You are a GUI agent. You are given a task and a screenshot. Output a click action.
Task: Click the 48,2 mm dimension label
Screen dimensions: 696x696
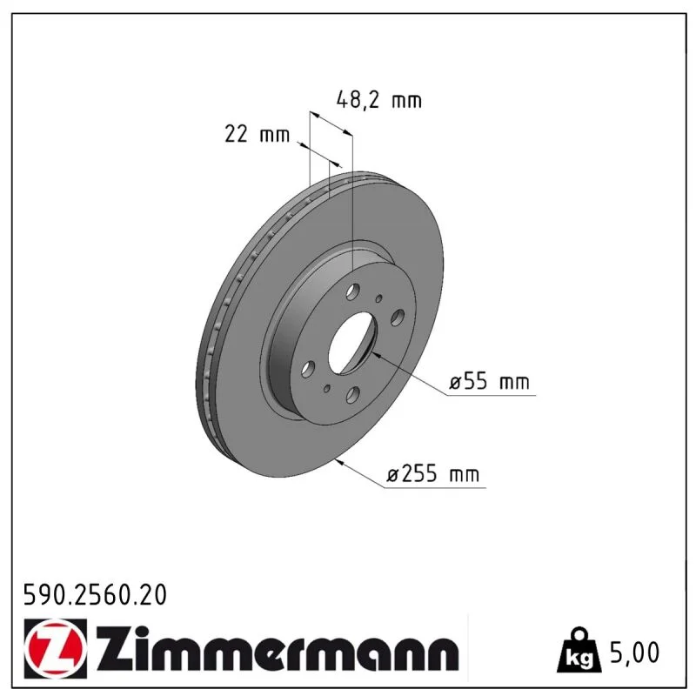point(379,100)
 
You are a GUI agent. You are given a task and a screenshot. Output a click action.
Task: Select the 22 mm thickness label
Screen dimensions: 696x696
point(257,134)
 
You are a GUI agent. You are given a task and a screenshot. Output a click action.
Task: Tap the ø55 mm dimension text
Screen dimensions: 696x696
point(489,381)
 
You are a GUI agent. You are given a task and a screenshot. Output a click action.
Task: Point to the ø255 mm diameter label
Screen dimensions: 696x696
point(432,474)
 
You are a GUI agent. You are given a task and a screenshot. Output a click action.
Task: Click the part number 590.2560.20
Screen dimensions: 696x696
point(95,595)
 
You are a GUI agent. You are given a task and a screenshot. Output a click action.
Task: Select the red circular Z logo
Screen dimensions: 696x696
point(55,648)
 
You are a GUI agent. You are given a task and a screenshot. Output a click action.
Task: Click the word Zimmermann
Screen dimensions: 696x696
point(276,649)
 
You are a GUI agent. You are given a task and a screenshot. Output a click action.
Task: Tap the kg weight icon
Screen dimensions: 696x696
point(579,650)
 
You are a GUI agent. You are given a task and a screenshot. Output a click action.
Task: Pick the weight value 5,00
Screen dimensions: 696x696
point(635,652)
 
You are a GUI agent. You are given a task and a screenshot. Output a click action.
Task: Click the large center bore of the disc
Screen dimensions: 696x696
point(352,342)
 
